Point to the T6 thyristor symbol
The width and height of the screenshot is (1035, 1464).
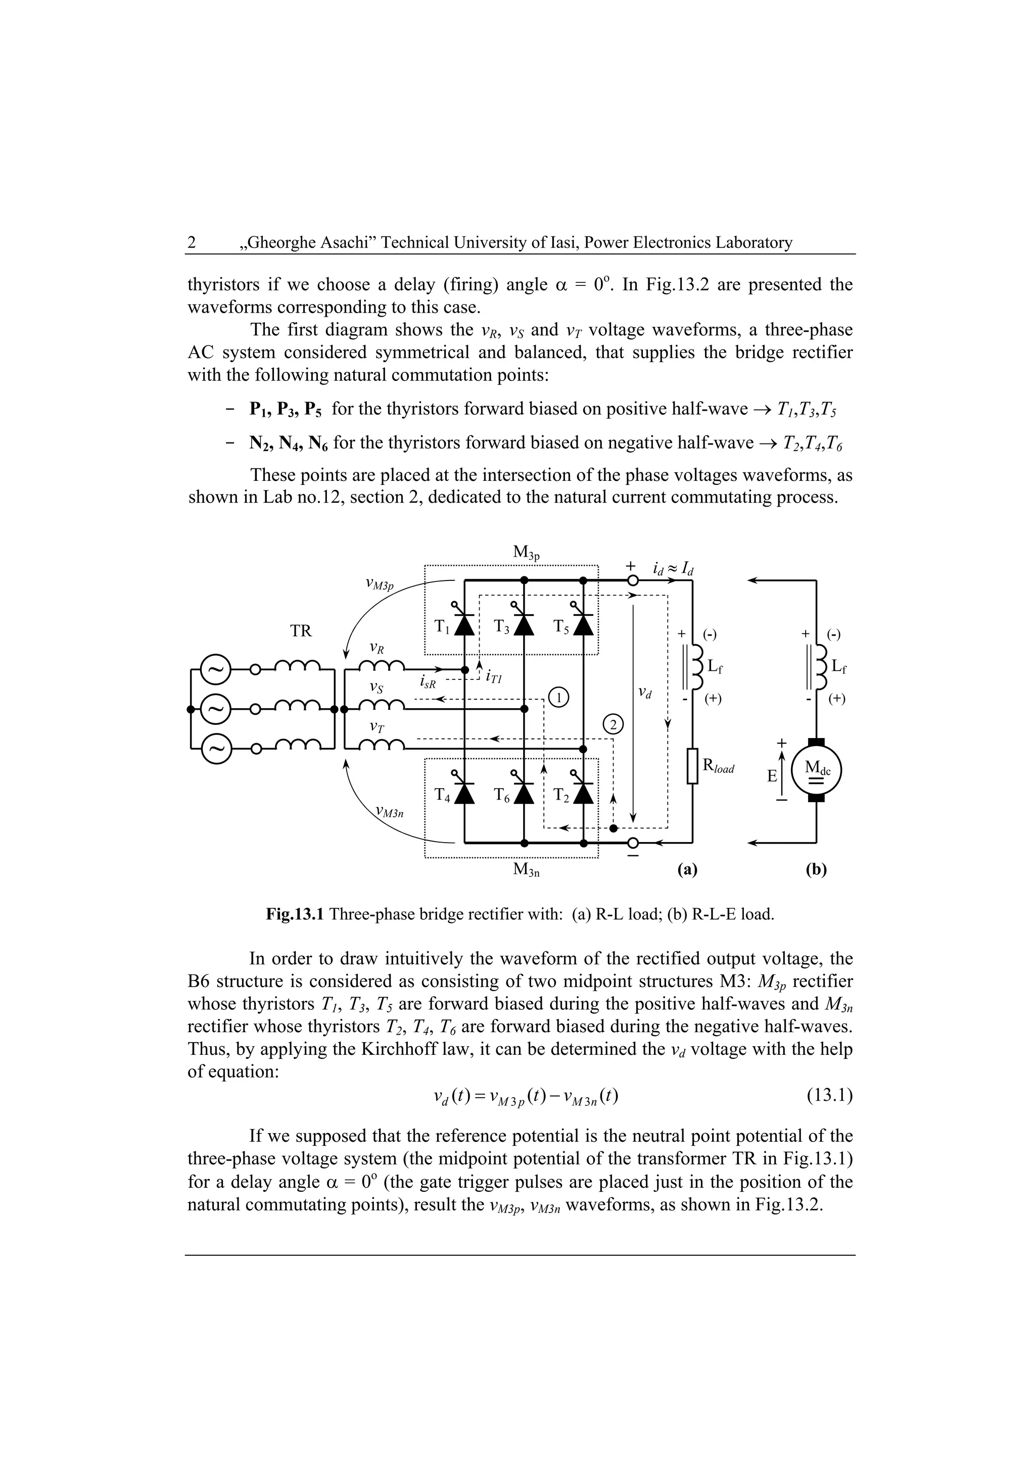pos(524,793)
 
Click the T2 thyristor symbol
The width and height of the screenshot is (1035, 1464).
pos(583,793)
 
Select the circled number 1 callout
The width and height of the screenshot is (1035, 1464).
pos(558,697)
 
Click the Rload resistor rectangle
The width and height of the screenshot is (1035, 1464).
pos(693,766)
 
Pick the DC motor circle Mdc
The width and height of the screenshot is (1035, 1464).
pos(816,770)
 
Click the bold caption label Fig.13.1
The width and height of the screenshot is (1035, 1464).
pos(295,914)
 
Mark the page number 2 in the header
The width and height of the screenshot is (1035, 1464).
pos(192,242)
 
